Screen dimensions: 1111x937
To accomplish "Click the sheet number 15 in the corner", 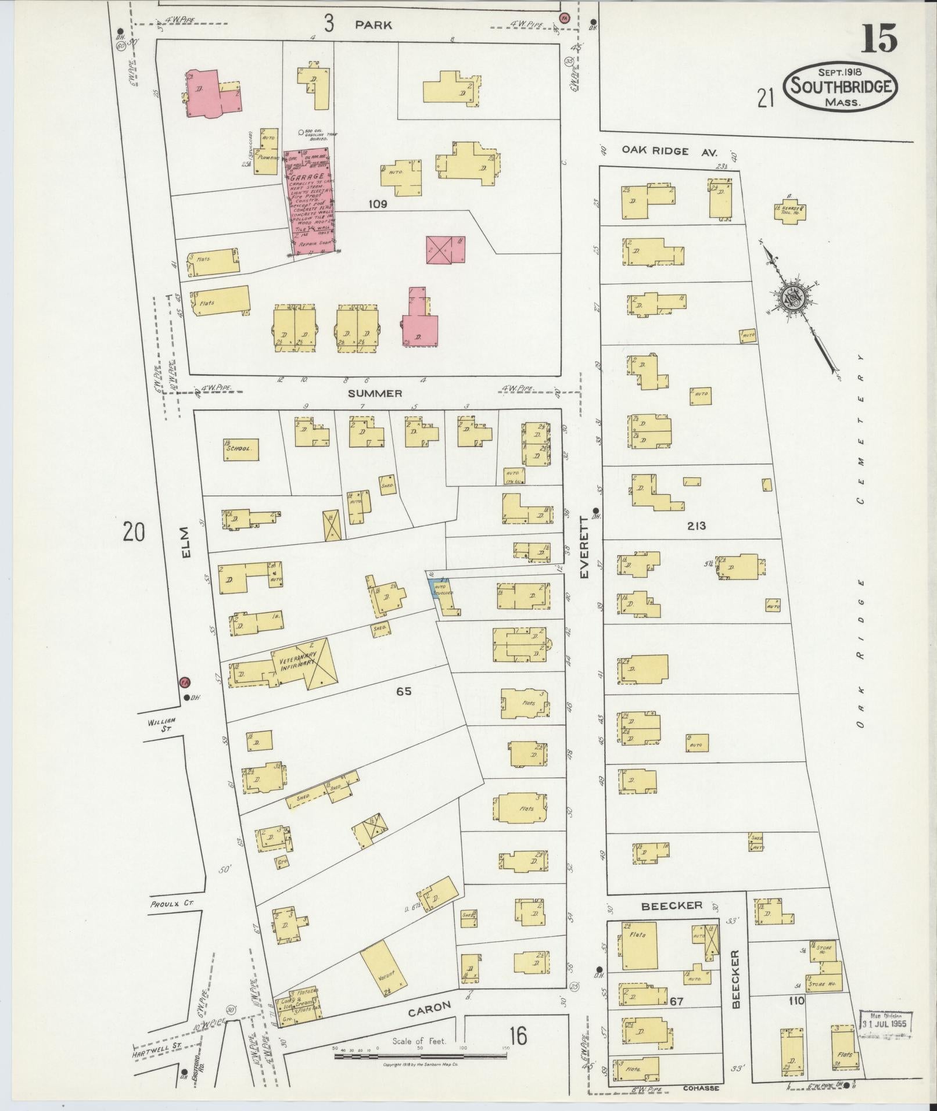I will point(878,39).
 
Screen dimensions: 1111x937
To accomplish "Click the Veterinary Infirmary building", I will point(308,663).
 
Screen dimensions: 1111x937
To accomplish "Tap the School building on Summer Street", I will point(240,449).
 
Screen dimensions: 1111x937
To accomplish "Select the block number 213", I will point(695,526).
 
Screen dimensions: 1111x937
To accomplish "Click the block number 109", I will point(377,204).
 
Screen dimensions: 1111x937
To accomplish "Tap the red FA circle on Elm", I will point(185,681).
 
